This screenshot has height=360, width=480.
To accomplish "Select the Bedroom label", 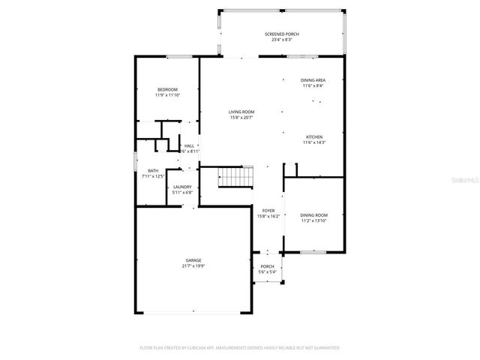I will coord(167,90).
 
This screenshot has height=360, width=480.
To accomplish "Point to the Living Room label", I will coord(241,112).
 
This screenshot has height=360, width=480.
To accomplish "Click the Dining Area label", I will coord(313,80).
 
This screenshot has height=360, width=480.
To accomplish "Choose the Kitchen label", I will coord(313,136).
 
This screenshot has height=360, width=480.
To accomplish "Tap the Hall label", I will coord(189,145).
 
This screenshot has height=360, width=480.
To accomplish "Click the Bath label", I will coord(153,170).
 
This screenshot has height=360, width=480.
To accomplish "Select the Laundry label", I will coord(182,187).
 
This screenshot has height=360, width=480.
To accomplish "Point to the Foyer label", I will coord(268,211).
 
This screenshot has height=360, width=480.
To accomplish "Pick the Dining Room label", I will coord(314,215).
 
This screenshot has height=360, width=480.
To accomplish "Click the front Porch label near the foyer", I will coord(267,266).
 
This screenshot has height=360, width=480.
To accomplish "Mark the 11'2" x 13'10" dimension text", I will coord(314,220).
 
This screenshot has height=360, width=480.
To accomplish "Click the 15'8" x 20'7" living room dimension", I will coord(241,117).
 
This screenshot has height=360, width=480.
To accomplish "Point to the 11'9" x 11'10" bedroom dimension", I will coord(167,95).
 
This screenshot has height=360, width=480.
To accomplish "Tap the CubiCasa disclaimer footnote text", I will coord(240,348).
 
